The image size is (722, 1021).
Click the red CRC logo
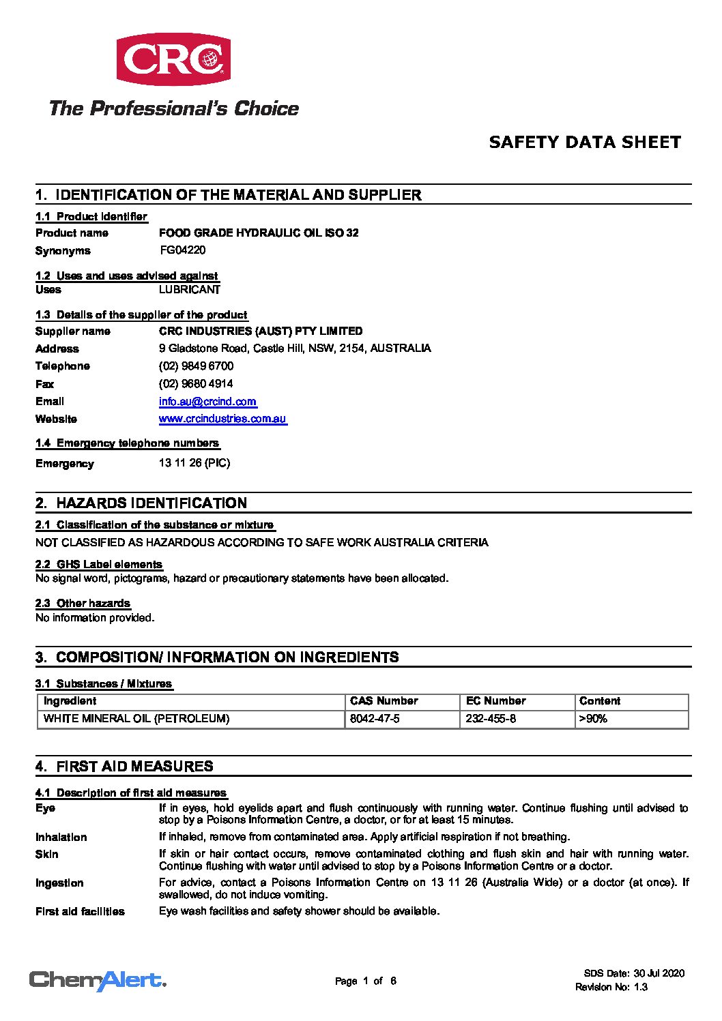pyautogui.click(x=173, y=59)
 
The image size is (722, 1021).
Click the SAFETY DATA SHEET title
pyautogui.click(x=585, y=143)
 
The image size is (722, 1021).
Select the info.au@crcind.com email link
pyautogui.click(x=207, y=402)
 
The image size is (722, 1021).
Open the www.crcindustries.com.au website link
pyautogui.click(x=222, y=419)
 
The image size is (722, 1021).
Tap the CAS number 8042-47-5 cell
pyautogui.click(x=375, y=719)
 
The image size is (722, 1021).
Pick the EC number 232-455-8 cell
pyautogui.click(x=491, y=719)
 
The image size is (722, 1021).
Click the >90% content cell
pyautogui.click(x=593, y=719)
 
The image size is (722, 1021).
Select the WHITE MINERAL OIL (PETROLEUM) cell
pyautogui.click(x=136, y=719)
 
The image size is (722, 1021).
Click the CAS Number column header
pyautogui.click(x=384, y=701)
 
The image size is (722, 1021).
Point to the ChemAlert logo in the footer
pyautogui.click(x=98, y=981)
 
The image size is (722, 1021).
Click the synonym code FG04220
pyautogui.click(x=183, y=250)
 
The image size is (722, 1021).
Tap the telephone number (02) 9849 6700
pyautogui.click(x=196, y=366)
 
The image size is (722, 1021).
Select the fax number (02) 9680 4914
pyautogui.click(x=196, y=384)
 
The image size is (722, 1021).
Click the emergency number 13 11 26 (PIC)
pyautogui.click(x=194, y=463)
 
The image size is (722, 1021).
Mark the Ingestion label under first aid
pyautogui.click(x=59, y=883)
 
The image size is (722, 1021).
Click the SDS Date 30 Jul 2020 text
pyautogui.click(x=634, y=973)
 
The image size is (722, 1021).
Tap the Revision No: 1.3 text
pyautogui.click(x=611, y=987)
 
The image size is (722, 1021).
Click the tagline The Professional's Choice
pyautogui.click(x=173, y=108)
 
